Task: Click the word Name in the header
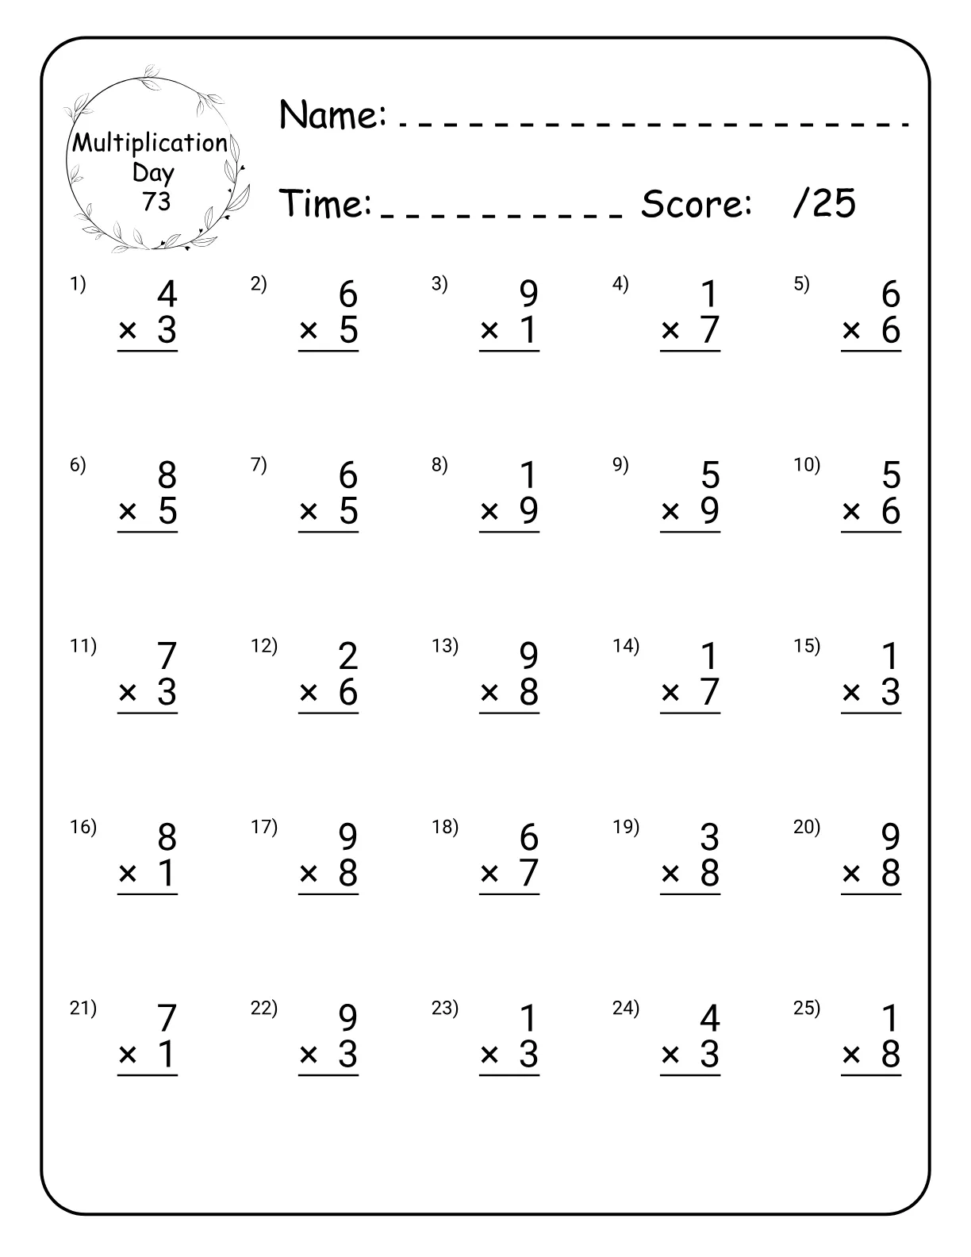click(x=332, y=115)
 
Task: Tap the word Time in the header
click(x=325, y=203)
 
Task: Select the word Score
click(x=696, y=204)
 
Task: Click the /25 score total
click(x=824, y=203)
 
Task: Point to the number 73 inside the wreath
click(x=156, y=202)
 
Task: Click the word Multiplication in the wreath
click(x=150, y=143)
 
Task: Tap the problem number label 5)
click(x=802, y=284)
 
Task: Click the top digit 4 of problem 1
click(x=167, y=294)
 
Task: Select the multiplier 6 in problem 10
click(x=891, y=512)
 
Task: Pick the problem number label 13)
click(x=444, y=646)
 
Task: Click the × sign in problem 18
click(x=489, y=874)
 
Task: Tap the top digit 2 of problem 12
click(x=347, y=656)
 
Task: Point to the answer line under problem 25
click(x=871, y=1075)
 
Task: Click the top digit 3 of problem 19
click(x=709, y=837)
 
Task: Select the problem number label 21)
click(x=83, y=1008)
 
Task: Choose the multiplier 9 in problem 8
click(x=529, y=512)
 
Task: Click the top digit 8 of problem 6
click(x=167, y=475)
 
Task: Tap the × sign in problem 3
click(x=489, y=330)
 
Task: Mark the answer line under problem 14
click(x=690, y=713)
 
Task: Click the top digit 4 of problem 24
click(x=709, y=1018)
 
